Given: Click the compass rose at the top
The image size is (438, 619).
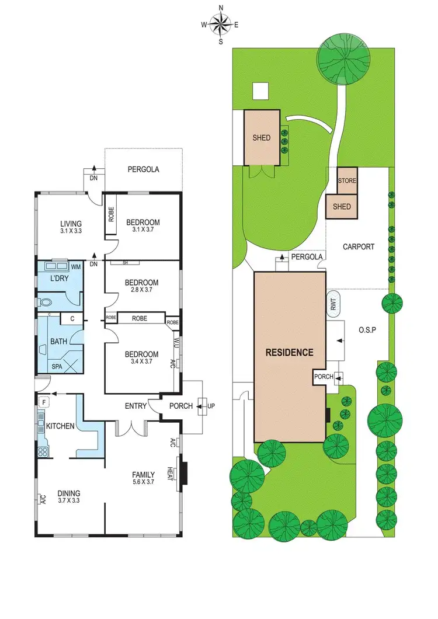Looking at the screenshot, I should coord(221,25).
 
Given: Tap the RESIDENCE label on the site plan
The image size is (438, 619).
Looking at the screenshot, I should coord(290,353).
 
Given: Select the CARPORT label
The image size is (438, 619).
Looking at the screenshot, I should coord(358,247).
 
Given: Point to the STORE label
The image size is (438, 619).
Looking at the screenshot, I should coord(347,181).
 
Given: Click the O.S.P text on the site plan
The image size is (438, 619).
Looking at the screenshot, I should coord(367,329).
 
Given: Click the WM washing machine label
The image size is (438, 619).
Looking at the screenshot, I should coord(76,267).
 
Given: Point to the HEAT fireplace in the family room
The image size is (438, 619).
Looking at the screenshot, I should coord(183,474).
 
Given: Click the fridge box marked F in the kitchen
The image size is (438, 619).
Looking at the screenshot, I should coord(43,402).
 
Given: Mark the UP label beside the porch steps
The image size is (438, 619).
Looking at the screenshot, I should coord(211,406).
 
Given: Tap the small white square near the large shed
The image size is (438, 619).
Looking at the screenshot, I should coord(260,91).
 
